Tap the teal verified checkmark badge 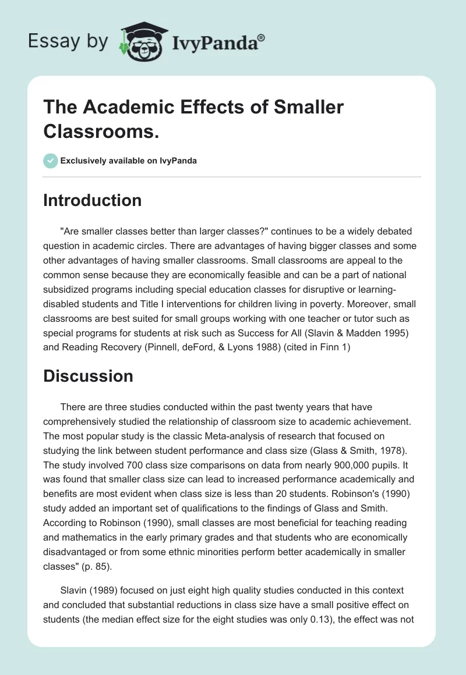(x=51, y=161)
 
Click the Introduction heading (x=93, y=200)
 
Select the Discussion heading (x=89, y=376)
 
